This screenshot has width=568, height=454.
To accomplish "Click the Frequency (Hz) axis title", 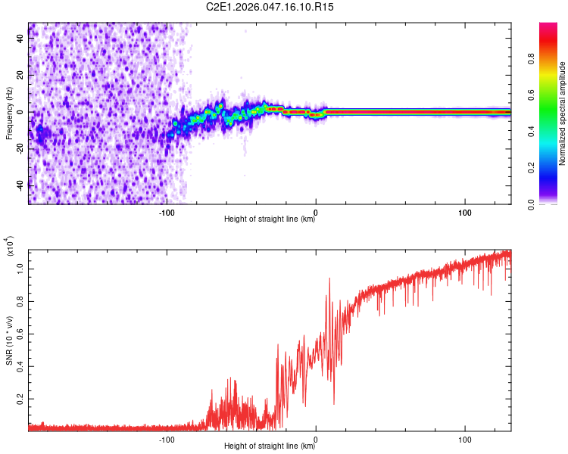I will click(9, 113).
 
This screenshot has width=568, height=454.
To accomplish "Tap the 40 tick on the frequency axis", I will click(21, 40).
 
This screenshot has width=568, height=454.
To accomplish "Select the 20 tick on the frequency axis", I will click(21, 76).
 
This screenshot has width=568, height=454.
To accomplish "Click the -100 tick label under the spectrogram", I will click(167, 211).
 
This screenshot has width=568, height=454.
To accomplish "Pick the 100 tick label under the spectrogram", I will click(465, 211).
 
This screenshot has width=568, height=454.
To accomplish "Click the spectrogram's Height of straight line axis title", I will click(270, 219).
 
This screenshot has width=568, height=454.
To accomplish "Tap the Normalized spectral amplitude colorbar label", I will click(563, 113).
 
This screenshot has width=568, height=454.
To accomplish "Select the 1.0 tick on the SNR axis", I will click(21, 268).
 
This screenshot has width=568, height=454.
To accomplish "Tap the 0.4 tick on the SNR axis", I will click(21, 365).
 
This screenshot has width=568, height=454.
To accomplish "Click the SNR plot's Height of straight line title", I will click(270, 446).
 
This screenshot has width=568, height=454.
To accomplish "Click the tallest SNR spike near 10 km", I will click(329, 279).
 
